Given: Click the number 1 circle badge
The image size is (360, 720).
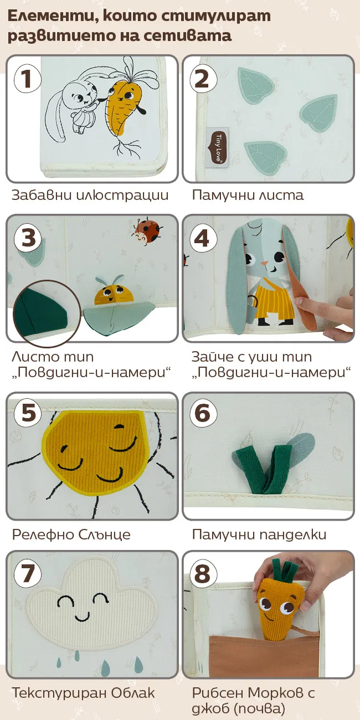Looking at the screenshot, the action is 27,79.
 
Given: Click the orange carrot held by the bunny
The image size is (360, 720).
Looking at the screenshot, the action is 124,106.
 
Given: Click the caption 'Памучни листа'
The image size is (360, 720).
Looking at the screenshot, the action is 248,195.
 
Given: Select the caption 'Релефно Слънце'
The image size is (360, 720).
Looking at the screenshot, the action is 71,534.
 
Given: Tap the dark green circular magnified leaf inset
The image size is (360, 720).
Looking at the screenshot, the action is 47,313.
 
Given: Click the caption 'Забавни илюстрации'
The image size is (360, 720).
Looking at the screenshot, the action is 90,195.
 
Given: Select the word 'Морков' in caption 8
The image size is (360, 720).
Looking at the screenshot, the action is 276,693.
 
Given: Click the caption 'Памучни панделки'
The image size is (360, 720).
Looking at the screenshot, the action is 259,534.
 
